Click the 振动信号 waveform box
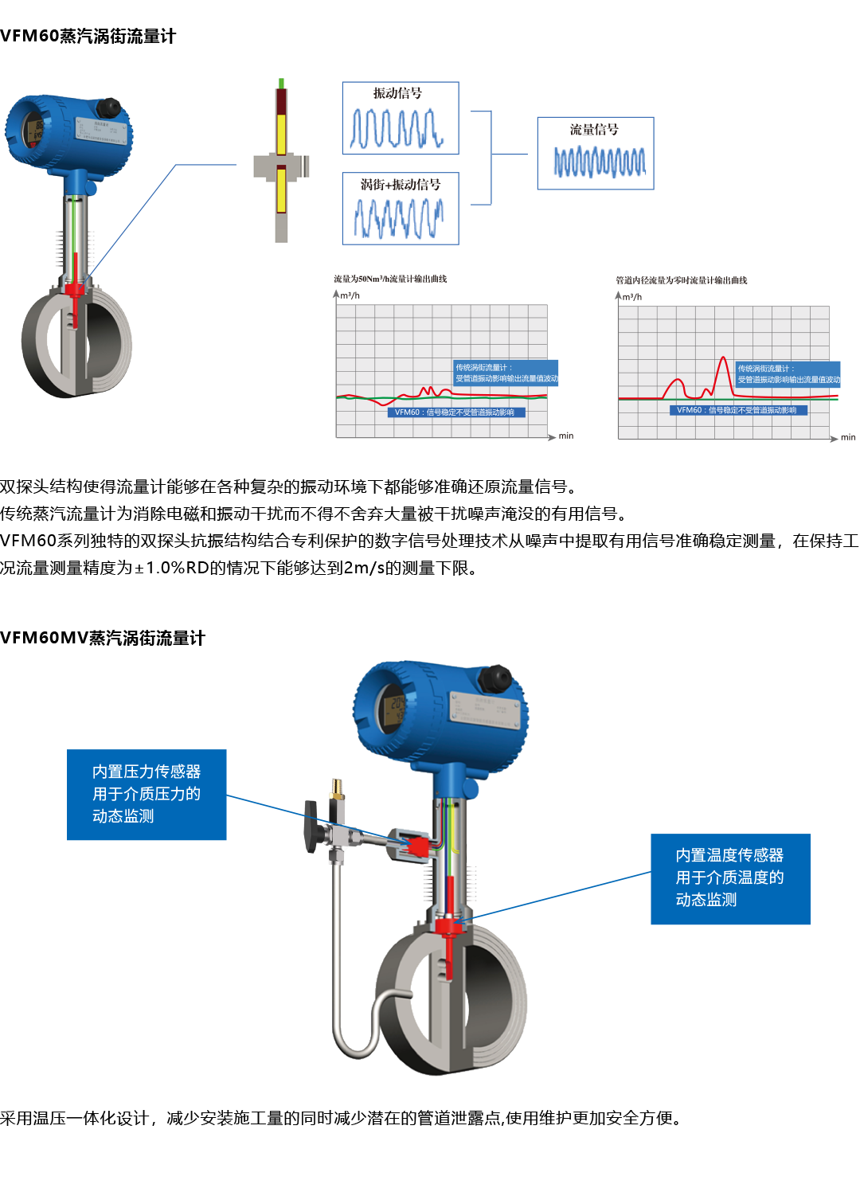point(401,118)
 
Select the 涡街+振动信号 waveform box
point(401,209)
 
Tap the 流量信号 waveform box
point(596,154)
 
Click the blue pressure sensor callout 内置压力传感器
point(147,795)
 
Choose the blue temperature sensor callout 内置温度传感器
point(730,878)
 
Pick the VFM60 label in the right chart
point(737,410)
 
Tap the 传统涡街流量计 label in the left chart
point(506,373)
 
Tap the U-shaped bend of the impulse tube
point(356,1039)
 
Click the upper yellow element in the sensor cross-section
point(281,133)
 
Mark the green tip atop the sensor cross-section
point(281,83)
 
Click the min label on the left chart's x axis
point(565,436)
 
